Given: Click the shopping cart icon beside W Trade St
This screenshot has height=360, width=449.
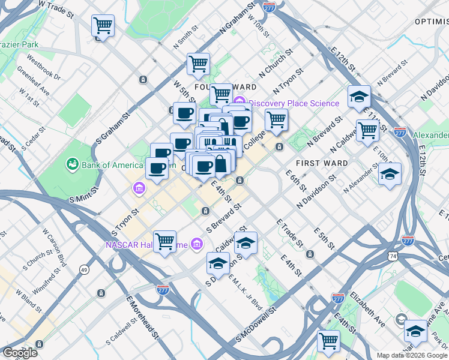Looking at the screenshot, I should pos(103,26).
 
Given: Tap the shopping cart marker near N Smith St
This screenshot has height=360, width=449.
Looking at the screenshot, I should pos(198,64).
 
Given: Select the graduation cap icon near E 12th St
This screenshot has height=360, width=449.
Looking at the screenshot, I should pos(359,97).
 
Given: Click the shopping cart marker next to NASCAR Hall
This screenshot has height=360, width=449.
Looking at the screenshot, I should pos(164,242).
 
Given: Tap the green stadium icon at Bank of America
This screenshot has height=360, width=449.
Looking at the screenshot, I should pos(72,163).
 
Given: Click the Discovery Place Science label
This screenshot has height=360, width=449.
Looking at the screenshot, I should pos(294,103).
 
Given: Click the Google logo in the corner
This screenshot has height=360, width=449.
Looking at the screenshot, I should pos(19,353).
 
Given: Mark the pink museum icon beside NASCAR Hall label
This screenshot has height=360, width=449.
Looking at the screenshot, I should pos(196,244).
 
